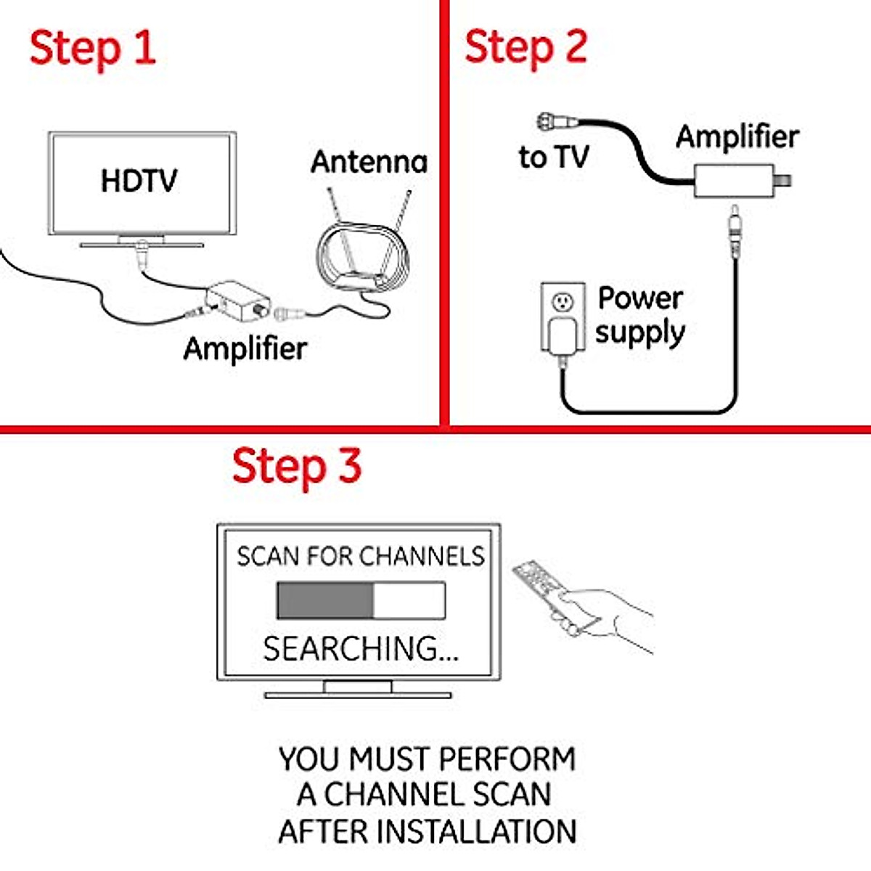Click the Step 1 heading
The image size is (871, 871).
(x=92, y=48)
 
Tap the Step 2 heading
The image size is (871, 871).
(x=526, y=48)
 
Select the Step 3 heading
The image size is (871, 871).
(x=296, y=466)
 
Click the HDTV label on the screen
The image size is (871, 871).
(x=139, y=181)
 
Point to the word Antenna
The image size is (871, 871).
(x=369, y=162)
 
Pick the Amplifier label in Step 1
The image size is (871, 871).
(x=245, y=348)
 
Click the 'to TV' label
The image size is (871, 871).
(x=553, y=157)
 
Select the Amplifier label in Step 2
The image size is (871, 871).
(x=737, y=136)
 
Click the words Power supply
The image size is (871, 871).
(x=640, y=316)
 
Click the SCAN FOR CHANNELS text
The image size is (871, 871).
(x=360, y=556)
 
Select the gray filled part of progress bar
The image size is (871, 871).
(x=324, y=600)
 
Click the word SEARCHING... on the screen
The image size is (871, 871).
(x=360, y=648)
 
